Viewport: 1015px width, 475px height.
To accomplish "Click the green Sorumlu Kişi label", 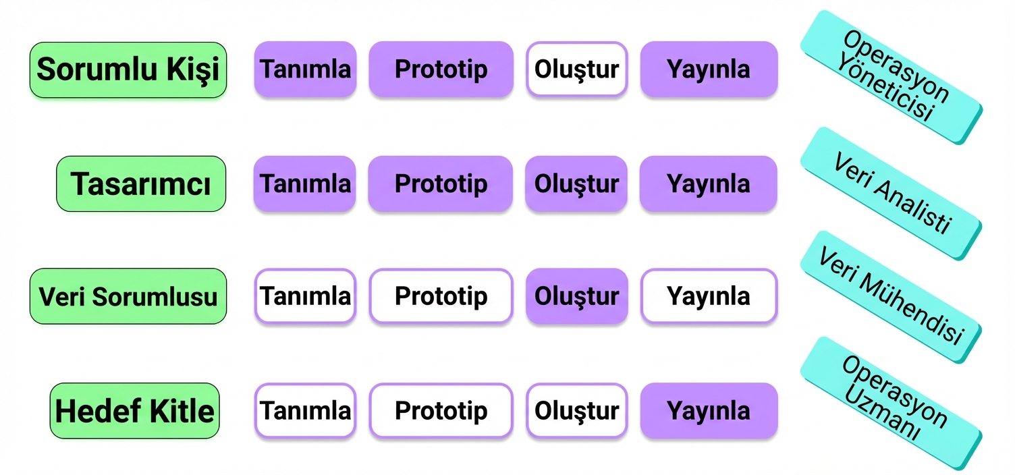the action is (128, 69).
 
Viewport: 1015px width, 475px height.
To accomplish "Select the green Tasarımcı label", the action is (141, 184).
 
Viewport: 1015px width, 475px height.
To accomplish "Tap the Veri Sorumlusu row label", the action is (128, 296).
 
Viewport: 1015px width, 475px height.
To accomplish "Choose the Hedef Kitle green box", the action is (134, 411).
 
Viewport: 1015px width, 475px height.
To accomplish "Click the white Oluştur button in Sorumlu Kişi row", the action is (577, 69).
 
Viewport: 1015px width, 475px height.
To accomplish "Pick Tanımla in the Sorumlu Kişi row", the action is (306, 69).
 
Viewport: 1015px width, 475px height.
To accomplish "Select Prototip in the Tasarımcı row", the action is (441, 184).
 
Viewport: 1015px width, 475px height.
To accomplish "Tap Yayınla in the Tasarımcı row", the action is (708, 184).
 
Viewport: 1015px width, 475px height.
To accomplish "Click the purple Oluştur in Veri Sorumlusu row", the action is (577, 296).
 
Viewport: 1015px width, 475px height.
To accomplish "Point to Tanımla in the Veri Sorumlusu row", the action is (306, 296).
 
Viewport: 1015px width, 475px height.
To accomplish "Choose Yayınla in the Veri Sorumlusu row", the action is (709, 296).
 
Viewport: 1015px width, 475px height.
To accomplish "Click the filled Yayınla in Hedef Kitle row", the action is (709, 410).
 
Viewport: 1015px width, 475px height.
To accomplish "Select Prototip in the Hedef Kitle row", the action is (441, 410).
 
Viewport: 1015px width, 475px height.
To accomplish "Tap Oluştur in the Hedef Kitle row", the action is (577, 410).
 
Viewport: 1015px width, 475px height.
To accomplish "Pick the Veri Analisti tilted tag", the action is (891, 194).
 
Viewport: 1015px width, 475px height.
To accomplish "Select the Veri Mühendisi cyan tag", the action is (891, 297).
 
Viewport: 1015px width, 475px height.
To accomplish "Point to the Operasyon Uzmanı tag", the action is (891, 403).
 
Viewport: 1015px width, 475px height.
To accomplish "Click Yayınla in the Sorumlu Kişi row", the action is (709, 69).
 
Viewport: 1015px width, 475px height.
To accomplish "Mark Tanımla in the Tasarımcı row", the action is (305, 184).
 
